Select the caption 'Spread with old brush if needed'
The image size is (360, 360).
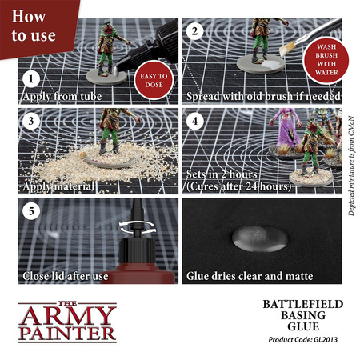(x=262, y=97)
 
